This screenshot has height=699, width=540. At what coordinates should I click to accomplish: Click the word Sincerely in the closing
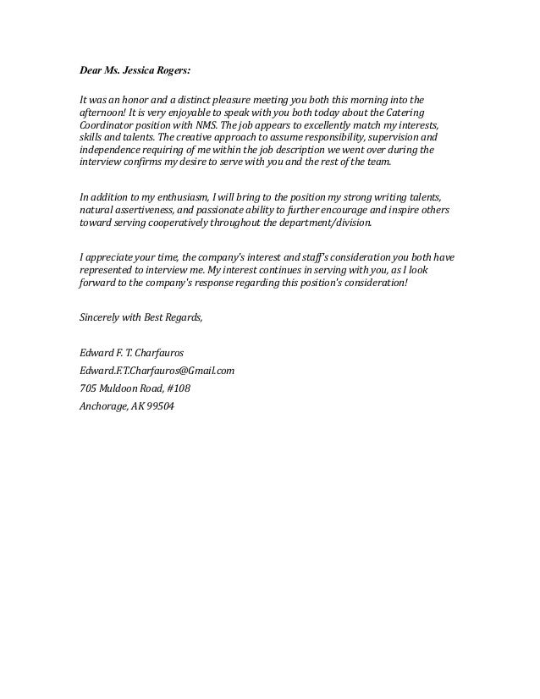click(x=100, y=317)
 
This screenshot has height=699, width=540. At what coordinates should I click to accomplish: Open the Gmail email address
click(x=156, y=370)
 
